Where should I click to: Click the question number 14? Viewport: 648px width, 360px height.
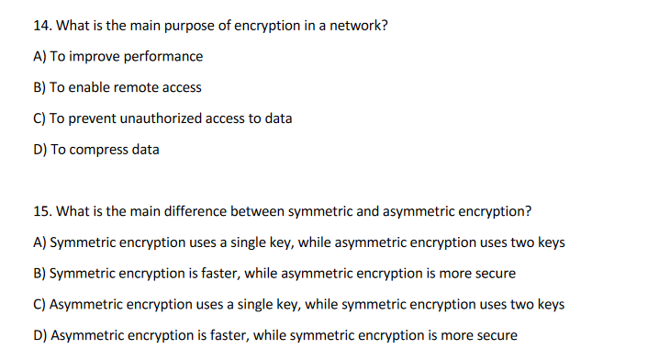41,26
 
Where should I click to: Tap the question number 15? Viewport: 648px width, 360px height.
41,211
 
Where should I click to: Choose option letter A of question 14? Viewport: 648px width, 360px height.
39,57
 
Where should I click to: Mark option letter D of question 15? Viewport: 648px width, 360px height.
39,335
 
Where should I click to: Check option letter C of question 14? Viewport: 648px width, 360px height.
39,119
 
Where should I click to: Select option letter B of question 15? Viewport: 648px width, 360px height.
39,274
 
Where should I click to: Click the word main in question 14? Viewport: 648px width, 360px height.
136,26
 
